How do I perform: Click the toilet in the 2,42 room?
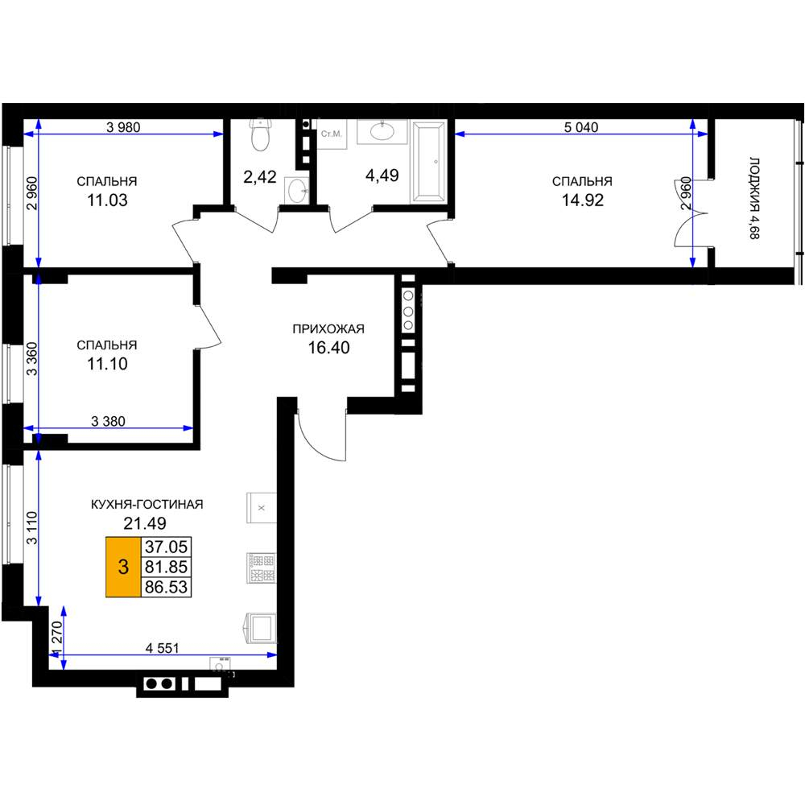pos(260,135)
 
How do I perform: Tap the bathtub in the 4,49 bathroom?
pos(429,161)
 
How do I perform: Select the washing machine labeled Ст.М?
pos(331,134)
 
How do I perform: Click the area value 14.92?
pos(582,200)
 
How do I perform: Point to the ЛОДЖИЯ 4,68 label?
pos(754,198)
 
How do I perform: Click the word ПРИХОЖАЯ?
pos(328,328)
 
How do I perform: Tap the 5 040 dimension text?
pos(581,127)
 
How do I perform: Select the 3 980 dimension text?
pos(123,127)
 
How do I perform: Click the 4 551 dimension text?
pos(163,648)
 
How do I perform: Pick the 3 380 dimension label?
pos(108,421)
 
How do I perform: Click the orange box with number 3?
pos(123,567)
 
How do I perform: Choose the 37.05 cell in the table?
pos(166,547)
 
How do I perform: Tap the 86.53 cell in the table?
pos(166,587)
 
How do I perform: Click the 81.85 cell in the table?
pos(166,567)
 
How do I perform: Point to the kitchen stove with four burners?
pos(262,568)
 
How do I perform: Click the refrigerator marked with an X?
pos(262,508)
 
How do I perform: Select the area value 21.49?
pos(145,523)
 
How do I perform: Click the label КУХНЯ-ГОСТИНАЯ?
pos(147,504)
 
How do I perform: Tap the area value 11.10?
pos(107,364)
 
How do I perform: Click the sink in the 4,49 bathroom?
pos(382,131)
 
